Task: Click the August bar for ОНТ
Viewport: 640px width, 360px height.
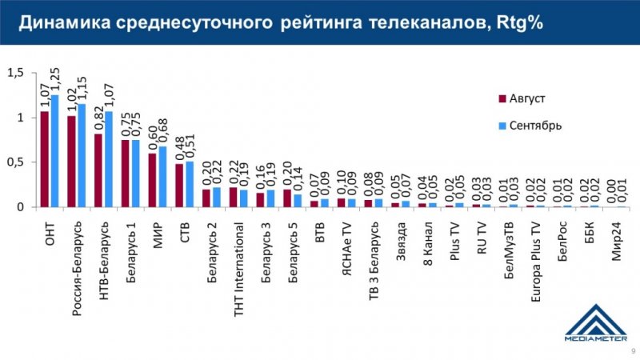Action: (x=45, y=159)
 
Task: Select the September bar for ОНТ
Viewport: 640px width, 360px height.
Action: (x=54, y=151)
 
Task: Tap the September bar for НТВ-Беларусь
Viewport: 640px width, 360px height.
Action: (x=109, y=159)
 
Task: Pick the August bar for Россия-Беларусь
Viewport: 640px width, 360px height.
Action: (x=72, y=162)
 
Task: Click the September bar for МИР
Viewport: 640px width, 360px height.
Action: (x=163, y=177)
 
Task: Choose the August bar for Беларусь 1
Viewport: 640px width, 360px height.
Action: (x=126, y=174)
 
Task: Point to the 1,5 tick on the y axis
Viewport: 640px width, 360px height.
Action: (x=16, y=73)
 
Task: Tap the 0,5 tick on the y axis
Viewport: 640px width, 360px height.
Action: (x=16, y=162)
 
